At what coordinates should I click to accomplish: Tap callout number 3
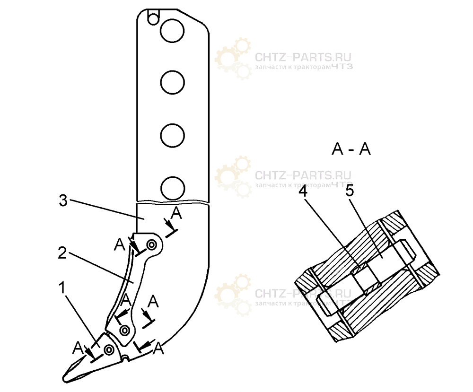click(63, 200)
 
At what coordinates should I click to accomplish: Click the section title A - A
click(351, 150)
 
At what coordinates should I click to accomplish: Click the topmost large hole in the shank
click(172, 31)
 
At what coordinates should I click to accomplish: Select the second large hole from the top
click(172, 84)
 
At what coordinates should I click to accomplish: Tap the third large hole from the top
click(172, 136)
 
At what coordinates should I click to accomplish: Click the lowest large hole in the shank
click(172, 188)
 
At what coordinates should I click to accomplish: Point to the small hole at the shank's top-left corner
click(152, 18)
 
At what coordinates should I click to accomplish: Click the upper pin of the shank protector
click(152, 245)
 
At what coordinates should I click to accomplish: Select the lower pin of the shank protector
click(125, 330)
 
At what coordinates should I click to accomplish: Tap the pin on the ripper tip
click(109, 350)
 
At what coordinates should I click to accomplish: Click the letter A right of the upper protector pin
click(176, 214)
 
